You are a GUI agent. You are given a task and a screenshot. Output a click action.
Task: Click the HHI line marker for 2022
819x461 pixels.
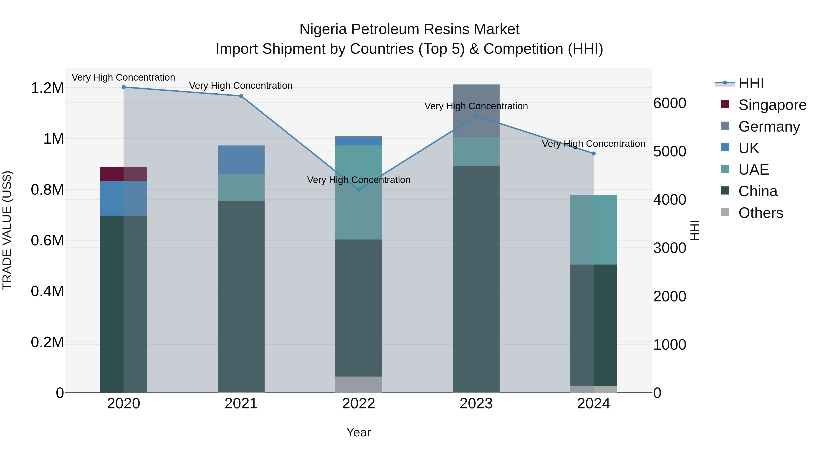(358, 190)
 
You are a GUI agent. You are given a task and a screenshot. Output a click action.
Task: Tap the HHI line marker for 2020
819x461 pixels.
(124, 87)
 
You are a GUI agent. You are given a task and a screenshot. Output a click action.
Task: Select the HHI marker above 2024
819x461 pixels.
(593, 154)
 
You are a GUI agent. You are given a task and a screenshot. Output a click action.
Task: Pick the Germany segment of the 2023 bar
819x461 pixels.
(476, 110)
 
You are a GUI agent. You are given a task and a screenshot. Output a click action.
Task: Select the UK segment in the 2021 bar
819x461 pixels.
(241, 160)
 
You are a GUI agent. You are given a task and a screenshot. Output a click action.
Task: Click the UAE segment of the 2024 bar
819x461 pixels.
(593, 229)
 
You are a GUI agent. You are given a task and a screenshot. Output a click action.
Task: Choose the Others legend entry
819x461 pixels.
(761, 213)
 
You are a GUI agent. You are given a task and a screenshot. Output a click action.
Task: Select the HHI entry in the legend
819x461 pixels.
(751, 83)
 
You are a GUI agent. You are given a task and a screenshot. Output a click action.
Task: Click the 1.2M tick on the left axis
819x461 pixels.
(47, 88)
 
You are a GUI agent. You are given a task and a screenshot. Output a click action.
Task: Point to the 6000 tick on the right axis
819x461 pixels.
(670, 103)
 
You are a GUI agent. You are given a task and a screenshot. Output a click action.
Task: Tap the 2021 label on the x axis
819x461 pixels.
(241, 404)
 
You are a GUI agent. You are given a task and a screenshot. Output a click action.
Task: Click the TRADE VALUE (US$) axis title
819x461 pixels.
(7, 230)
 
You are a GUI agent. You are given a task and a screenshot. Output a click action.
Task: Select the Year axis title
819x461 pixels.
(358, 432)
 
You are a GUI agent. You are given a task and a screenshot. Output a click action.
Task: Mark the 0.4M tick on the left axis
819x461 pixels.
(47, 291)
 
